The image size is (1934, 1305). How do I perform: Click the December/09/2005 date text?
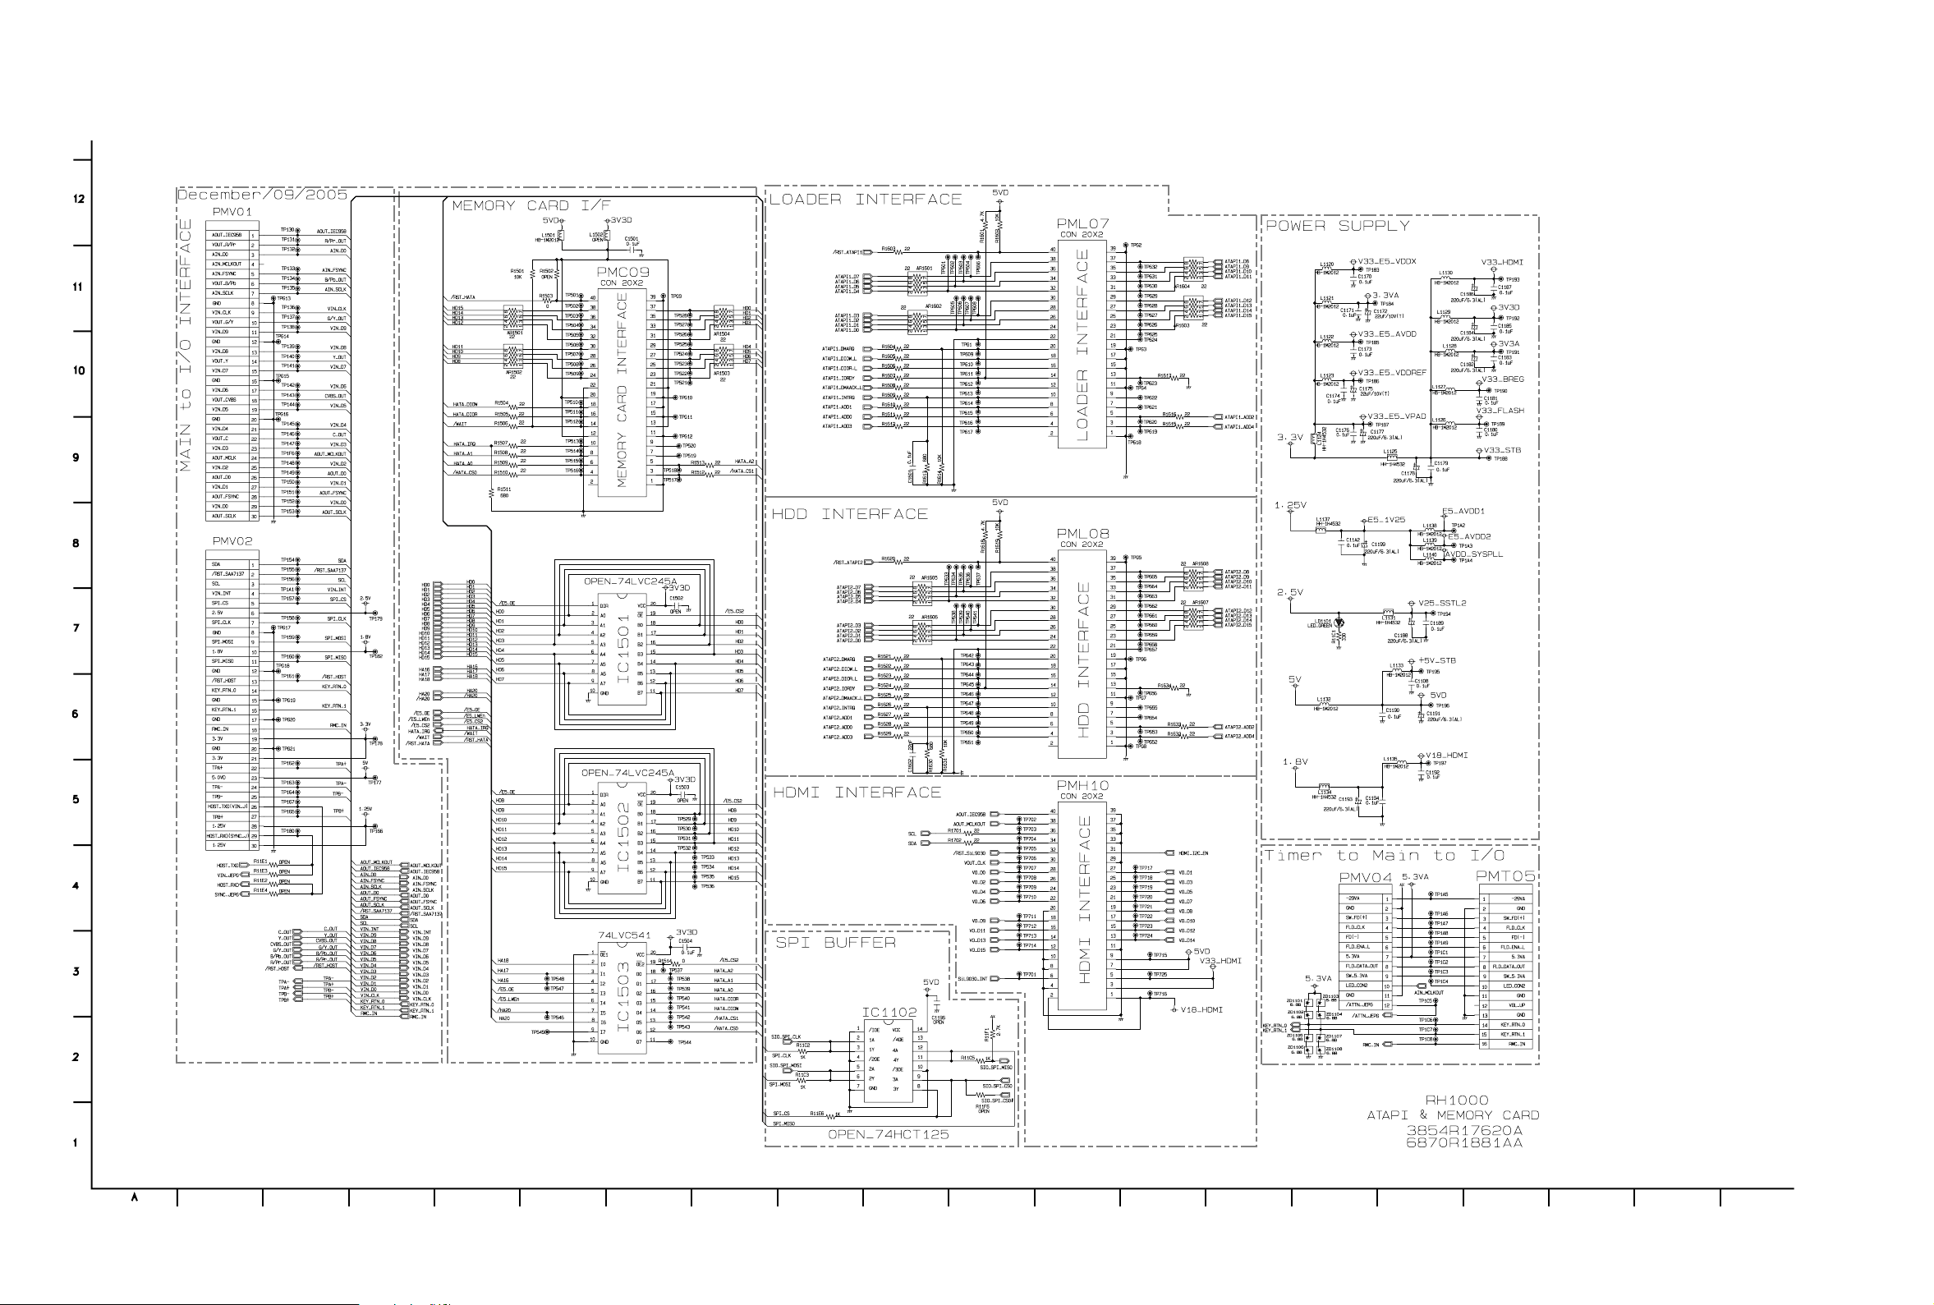point(262,195)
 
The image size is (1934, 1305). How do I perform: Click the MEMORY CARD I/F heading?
point(531,205)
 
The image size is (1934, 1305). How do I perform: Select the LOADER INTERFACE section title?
point(865,199)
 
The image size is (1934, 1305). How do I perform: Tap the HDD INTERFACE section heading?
point(849,514)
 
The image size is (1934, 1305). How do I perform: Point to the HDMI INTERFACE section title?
point(857,793)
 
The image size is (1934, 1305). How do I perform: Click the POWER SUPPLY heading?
point(1337,226)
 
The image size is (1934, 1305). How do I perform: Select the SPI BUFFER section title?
point(835,943)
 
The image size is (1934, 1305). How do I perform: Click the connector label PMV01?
point(232,212)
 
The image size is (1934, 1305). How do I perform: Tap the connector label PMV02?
point(232,541)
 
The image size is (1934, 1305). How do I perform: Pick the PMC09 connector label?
point(622,272)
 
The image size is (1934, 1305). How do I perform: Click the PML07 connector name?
point(1082,224)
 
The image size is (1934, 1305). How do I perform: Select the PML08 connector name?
point(1082,535)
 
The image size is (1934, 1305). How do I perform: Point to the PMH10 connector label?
point(1082,786)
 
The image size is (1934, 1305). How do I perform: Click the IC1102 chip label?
point(889,1013)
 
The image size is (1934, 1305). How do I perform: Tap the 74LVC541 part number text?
point(624,935)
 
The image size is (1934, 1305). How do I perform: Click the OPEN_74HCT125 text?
point(888,1134)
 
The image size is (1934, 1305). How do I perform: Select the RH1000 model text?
point(1455,1101)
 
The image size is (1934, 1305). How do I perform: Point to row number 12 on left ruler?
point(79,199)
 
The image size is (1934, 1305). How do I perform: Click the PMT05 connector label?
point(1504,876)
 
